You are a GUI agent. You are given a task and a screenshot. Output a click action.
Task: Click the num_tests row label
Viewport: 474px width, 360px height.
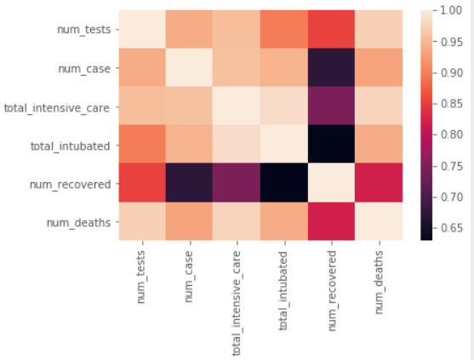tap(84, 30)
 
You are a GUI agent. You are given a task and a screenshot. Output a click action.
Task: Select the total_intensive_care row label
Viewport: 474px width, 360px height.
tap(57, 107)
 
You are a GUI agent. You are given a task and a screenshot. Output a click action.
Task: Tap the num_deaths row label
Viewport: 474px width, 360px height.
tap(78, 223)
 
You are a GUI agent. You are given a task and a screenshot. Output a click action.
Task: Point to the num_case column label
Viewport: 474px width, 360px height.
tap(189, 277)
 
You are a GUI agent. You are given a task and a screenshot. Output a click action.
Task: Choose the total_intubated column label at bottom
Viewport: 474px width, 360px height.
tap(283, 291)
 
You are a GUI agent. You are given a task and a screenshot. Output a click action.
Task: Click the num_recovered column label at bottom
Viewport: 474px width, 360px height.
tap(332, 291)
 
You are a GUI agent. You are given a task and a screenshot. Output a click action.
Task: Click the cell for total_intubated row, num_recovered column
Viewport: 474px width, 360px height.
tap(331, 144)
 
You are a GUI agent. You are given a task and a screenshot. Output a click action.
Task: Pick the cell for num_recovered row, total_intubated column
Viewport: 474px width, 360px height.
tap(284, 183)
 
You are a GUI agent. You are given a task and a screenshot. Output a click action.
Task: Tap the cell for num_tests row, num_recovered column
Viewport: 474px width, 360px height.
tap(331, 29)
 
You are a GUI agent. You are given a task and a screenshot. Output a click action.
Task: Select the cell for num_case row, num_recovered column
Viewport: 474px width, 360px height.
tap(331, 67)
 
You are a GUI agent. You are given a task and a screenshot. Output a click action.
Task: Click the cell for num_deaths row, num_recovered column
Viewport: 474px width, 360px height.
tap(331, 221)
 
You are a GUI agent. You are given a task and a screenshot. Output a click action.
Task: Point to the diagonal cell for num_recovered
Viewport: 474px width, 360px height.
tap(331, 183)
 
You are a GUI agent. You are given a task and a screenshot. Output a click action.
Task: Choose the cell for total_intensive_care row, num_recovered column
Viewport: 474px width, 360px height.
tap(331, 106)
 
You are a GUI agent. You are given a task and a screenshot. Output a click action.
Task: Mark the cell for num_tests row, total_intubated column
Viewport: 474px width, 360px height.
tap(284, 29)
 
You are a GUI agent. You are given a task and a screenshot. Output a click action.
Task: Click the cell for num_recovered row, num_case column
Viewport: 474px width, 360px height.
tap(189, 183)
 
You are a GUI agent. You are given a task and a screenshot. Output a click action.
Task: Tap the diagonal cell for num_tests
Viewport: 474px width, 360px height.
tap(142, 29)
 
